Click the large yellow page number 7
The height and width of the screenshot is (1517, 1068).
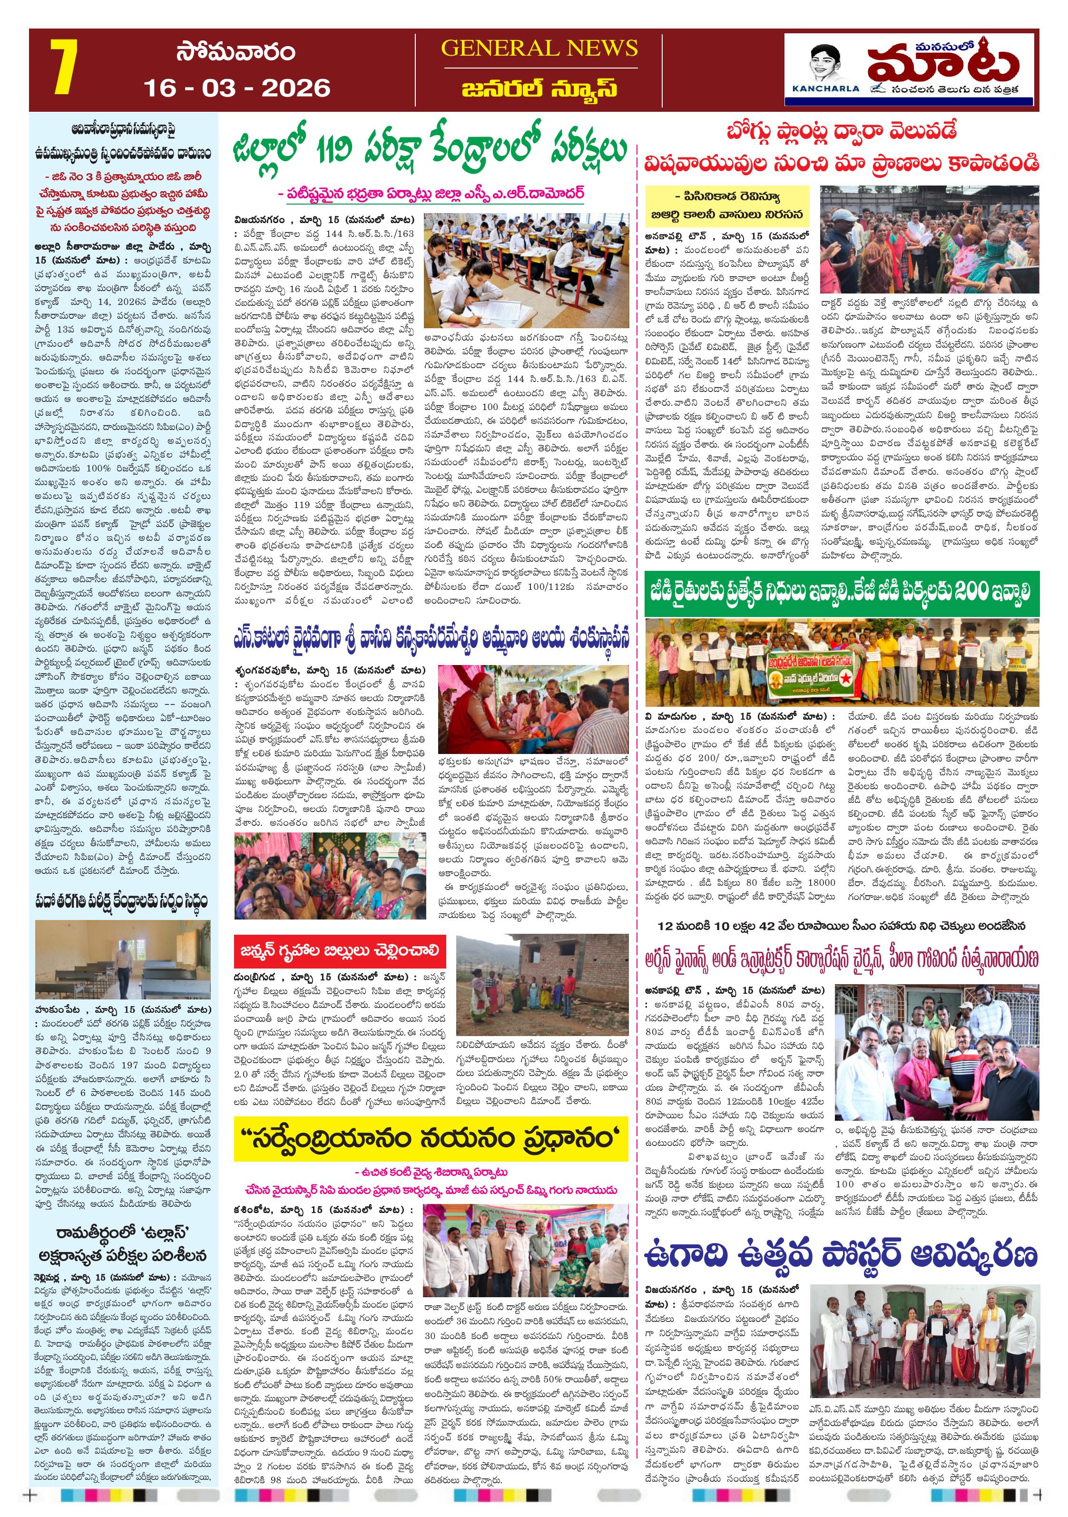pos(65,68)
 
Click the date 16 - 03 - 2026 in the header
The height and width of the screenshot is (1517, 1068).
pos(236,88)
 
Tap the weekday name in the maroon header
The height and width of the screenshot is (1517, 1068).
pos(235,52)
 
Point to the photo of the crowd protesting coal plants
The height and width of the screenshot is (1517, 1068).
pos(929,239)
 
